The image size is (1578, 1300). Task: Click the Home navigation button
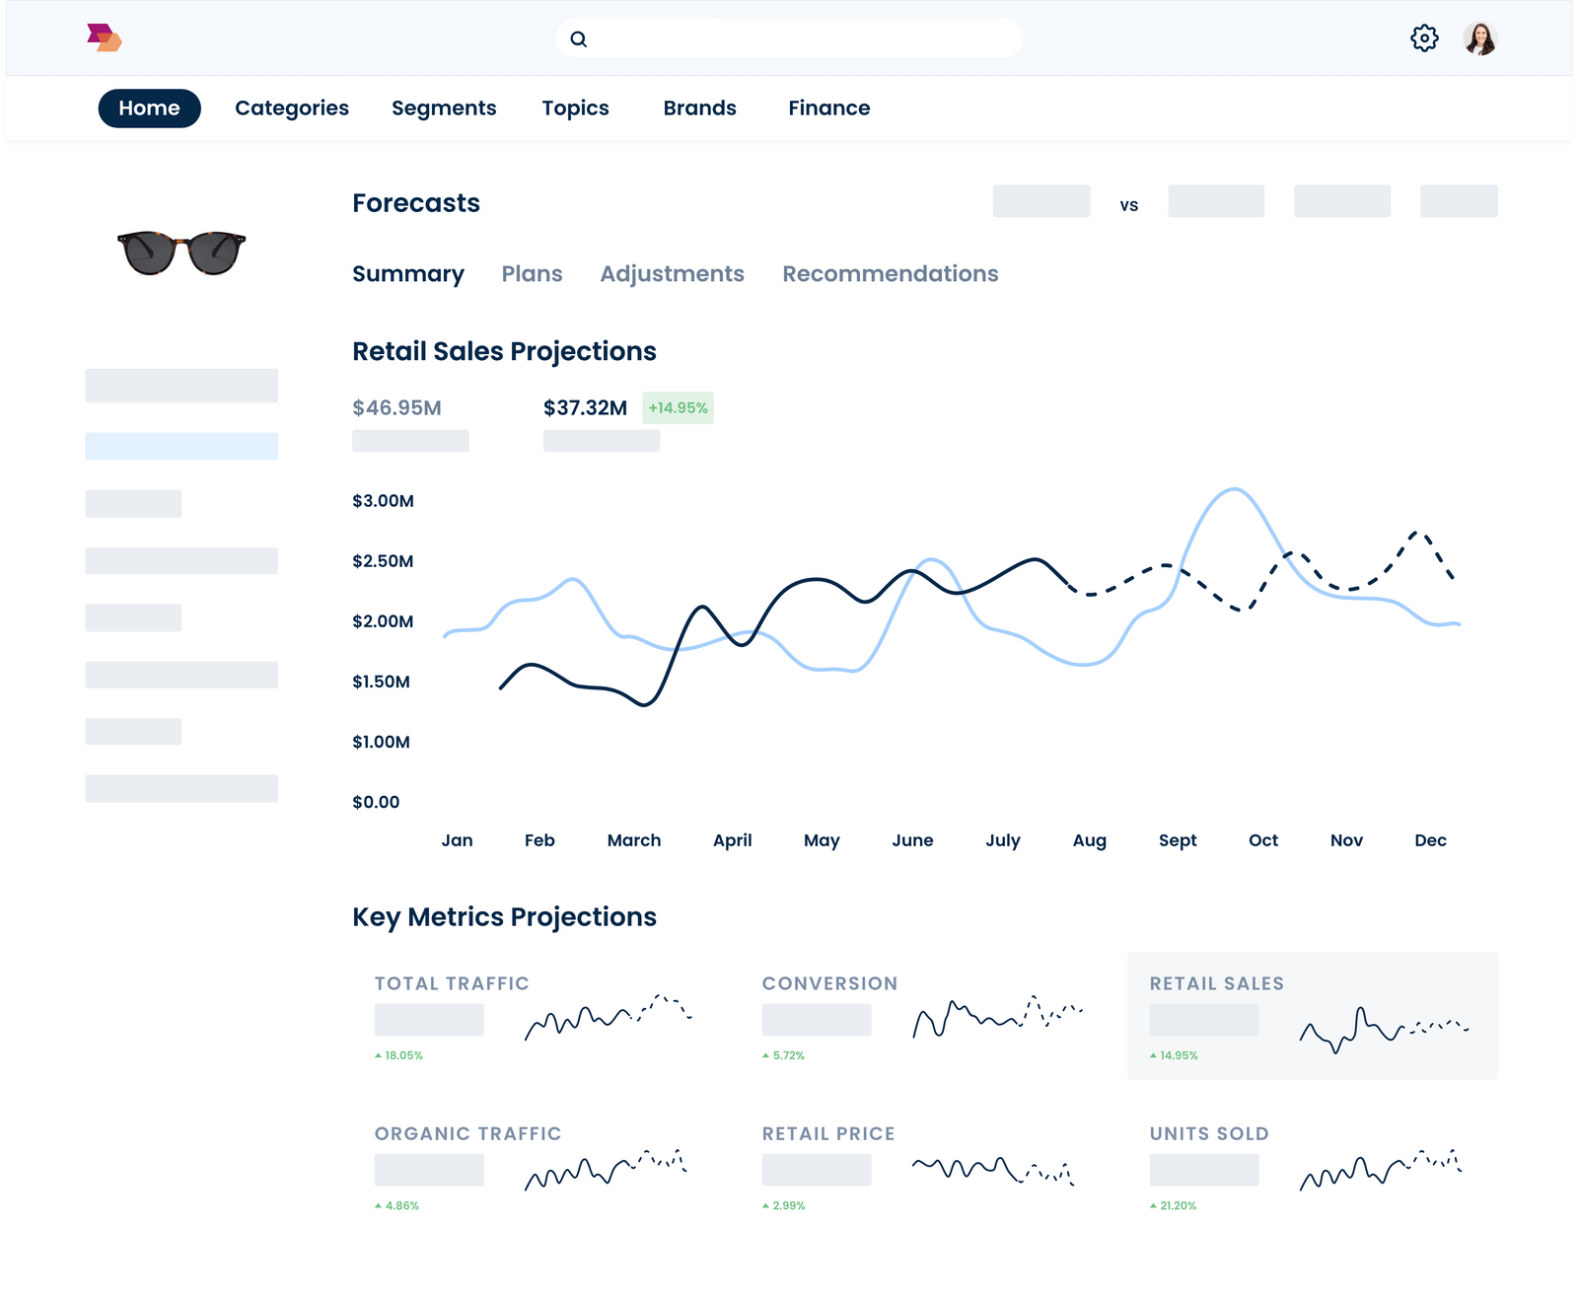149,108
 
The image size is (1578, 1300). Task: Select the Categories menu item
292,108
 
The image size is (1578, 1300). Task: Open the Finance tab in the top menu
828,108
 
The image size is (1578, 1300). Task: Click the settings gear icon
1424,38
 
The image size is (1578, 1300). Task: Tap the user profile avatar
1479,38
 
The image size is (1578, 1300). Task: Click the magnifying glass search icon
579,39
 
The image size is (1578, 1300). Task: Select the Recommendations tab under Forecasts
890,274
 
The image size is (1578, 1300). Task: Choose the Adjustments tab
672,274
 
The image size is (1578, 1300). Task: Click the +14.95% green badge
678,408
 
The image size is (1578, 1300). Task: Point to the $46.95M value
396,408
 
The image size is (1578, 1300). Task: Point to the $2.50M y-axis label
383,561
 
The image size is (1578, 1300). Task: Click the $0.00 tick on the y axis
376,802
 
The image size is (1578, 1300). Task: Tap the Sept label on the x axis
1178,840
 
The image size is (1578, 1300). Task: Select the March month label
634,840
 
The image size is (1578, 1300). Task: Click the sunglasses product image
181,253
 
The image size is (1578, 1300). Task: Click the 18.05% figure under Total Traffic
402,1055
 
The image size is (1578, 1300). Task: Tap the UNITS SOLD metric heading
1209,1134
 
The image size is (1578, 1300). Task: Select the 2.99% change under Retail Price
788,1206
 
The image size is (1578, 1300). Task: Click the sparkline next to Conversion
997,1016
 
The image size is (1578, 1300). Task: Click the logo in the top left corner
104,38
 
